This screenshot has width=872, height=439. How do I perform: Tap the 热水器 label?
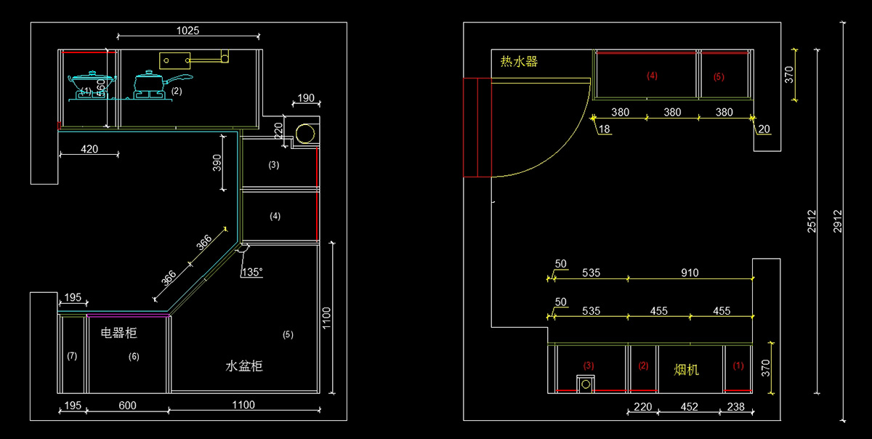519,62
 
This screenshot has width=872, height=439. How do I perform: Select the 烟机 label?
686,369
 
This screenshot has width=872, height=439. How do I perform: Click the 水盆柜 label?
243,366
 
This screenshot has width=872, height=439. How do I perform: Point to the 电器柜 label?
118,334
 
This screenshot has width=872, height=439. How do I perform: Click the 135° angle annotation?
251,273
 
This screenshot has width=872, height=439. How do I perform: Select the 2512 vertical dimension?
812,221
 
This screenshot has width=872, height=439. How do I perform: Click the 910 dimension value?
690,273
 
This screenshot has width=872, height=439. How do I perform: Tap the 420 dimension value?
89,149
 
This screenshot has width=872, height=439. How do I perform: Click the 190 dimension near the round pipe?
306,98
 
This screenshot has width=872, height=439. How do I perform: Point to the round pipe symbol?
306,134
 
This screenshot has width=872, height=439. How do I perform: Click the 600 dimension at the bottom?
127,405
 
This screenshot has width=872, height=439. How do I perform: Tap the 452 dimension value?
690,407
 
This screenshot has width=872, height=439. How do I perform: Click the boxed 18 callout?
605,129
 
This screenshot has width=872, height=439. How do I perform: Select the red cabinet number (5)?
719,76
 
